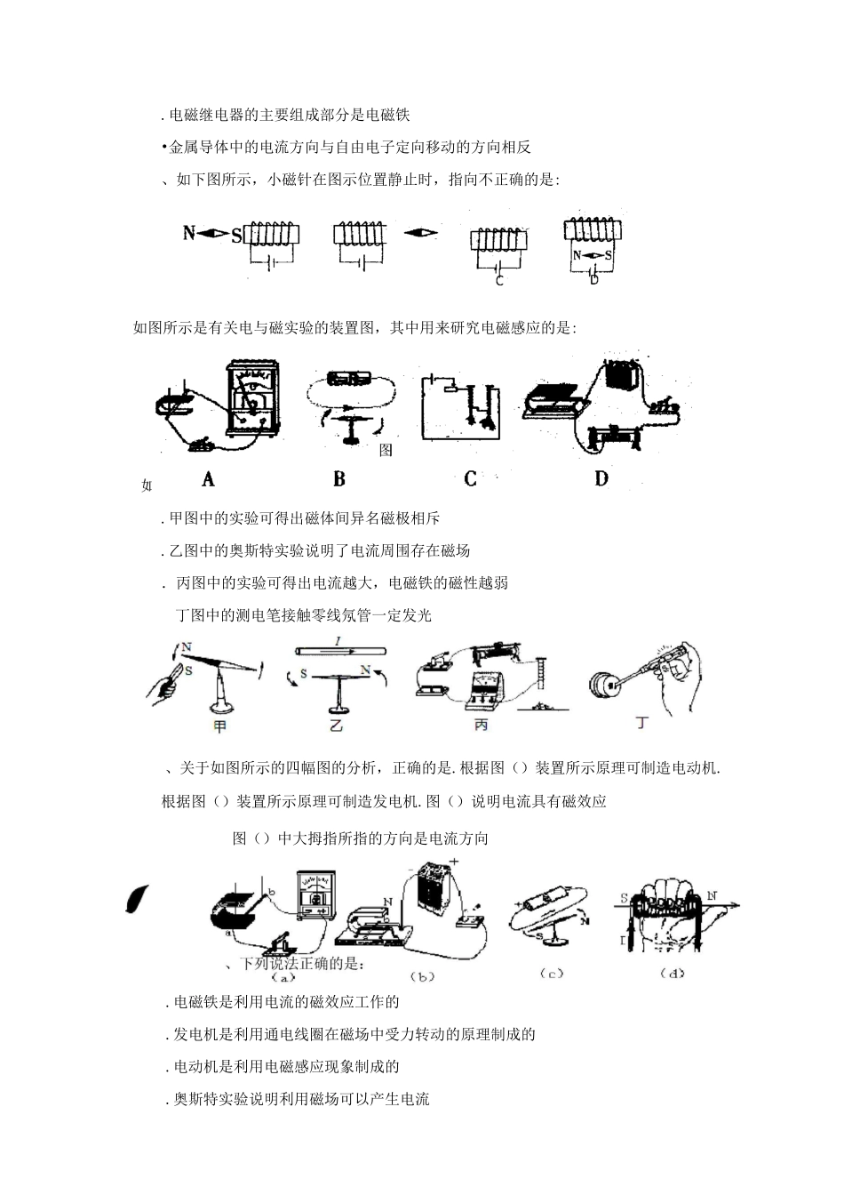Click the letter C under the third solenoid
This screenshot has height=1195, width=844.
click(x=499, y=281)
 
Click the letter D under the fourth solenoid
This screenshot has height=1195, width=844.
click(x=593, y=279)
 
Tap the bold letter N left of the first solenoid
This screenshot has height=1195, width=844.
click(x=188, y=234)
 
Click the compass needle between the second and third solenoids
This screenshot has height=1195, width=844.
click(x=421, y=234)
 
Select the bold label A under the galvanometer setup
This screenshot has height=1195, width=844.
click(x=208, y=479)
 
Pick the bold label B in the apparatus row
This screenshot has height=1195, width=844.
click(x=339, y=479)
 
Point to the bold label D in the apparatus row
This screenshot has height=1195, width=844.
click(x=601, y=479)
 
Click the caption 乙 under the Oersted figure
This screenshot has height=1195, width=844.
click(x=336, y=725)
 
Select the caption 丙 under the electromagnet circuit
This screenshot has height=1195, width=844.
click(x=481, y=725)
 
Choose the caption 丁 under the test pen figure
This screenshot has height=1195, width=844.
click(x=642, y=723)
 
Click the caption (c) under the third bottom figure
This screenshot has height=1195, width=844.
click(x=552, y=974)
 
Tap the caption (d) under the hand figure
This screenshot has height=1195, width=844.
click(x=673, y=974)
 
